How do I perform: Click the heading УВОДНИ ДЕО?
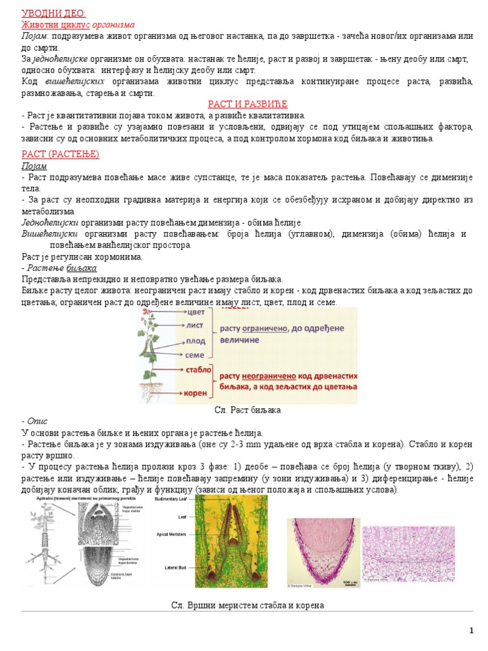[x=53, y=13]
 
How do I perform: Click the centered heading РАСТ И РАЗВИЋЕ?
[x=248, y=104]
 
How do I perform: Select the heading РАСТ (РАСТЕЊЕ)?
[x=60, y=154]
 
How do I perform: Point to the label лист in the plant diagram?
[x=195, y=325]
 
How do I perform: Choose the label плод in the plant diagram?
[x=195, y=341]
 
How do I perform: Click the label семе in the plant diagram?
[x=195, y=355]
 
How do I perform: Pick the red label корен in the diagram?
[x=196, y=393]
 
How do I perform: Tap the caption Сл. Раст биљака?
[x=248, y=411]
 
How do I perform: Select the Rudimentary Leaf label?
[x=174, y=500]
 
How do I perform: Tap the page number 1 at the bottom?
[x=471, y=630]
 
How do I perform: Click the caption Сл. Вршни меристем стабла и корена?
[x=248, y=605]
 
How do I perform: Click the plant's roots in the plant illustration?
[x=152, y=391]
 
